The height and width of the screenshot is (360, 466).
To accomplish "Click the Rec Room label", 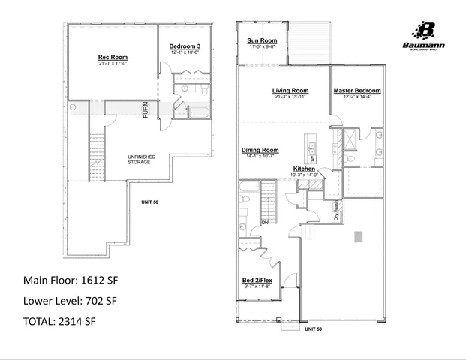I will pos(113,58).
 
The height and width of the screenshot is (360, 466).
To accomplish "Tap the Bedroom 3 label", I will pos(185,46).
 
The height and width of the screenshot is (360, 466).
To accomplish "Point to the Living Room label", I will pos(291,91).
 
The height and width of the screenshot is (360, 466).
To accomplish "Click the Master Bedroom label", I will pos(357,91).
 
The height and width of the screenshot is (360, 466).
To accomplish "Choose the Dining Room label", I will pos(260,150).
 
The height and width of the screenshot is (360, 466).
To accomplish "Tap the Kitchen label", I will pos(305,169).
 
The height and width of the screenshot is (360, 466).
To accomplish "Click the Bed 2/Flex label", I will pos(257,280).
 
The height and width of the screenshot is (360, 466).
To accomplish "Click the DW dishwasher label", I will pos(313,160).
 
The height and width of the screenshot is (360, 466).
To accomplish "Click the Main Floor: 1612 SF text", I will pos(71,280).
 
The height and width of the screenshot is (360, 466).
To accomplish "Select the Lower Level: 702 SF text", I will pos(71,301).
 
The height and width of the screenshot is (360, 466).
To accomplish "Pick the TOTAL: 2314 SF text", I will pos(59,321).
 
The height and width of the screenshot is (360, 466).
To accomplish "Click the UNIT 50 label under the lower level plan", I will pos(149,202).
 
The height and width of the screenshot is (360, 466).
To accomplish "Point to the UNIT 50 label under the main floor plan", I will pos(313,328).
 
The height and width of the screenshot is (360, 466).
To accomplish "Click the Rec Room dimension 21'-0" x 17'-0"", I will pos(113,64).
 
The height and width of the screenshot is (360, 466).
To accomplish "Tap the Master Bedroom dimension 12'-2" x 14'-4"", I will pos(357,97).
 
